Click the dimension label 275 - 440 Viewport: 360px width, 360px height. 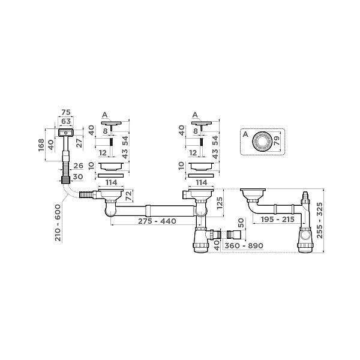pos(157,221)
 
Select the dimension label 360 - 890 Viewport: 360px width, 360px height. pos(244,245)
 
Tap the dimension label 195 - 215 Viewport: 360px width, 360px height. pos(278,220)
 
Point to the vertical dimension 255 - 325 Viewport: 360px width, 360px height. pos(319,220)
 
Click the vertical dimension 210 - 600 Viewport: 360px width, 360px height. pos(58,223)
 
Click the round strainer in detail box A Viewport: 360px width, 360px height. pos(262,142)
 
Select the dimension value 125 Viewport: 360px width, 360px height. pos(220,203)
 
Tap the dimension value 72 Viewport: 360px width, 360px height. pos(130,196)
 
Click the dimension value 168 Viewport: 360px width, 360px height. pos(41,145)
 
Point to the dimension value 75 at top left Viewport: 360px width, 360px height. pos(66,113)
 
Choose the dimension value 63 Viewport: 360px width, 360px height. pos(66,121)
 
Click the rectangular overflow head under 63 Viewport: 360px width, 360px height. pos(66,133)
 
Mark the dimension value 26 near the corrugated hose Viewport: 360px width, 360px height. pos(78,166)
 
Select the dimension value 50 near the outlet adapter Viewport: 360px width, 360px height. pos(241,223)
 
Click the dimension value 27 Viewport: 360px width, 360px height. pos(79,143)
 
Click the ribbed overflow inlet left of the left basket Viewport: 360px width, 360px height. pos(86,194)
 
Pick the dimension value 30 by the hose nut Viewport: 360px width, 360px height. pos(78,177)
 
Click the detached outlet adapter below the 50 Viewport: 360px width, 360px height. pos(233,235)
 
